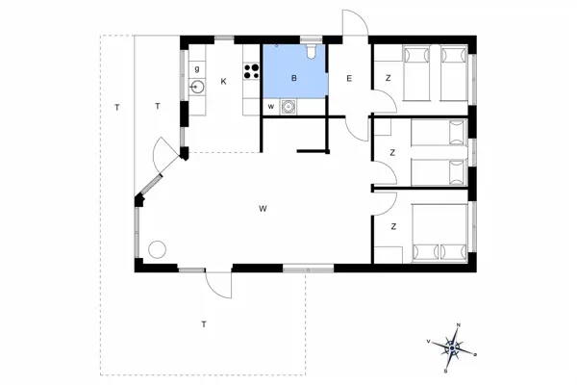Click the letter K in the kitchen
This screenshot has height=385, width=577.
click(x=223, y=81)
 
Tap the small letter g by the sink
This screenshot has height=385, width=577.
click(x=197, y=69)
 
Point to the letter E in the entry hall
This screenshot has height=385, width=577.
click(x=349, y=79)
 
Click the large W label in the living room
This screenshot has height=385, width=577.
click(x=261, y=208)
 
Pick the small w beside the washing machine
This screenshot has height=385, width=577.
click(x=271, y=106)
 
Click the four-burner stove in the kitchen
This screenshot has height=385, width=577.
click(x=252, y=70)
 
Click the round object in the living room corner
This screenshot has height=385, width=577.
click(x=156, y=248)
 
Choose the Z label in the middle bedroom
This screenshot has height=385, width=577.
click(x=393, y=152)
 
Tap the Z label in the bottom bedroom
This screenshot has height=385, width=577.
click(x=393, y=226)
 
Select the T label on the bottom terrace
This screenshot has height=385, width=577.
click(x=204, y=323)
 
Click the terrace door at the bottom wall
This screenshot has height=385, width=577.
click(x=218, y=285)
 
